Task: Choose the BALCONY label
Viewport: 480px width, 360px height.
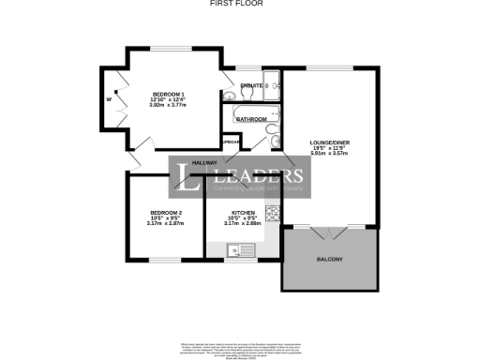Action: pos(329,259)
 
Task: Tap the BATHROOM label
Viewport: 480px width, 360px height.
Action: pos(250,120)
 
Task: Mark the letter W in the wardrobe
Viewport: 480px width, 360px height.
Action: pos(109,98)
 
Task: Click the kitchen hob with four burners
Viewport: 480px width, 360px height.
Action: pos(270,215)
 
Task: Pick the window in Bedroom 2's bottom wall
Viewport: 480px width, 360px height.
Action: pos(167,260)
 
